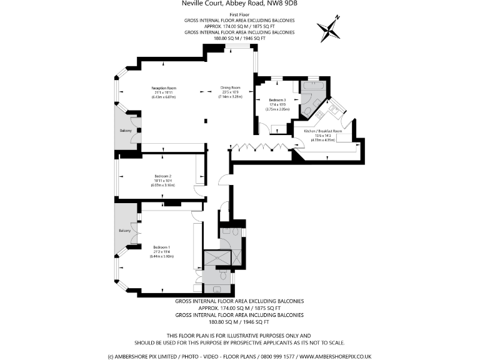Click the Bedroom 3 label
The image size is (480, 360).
(277, 100)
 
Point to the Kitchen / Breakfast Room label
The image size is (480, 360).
(322, 131)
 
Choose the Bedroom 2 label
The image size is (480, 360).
(162, 176)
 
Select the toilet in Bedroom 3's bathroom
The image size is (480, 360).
(307, 111)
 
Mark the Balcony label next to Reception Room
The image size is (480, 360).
(126, 131)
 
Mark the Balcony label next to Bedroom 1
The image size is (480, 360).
(125, 231)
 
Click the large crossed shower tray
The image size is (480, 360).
(217, 259)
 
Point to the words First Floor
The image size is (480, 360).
(240, 14)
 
